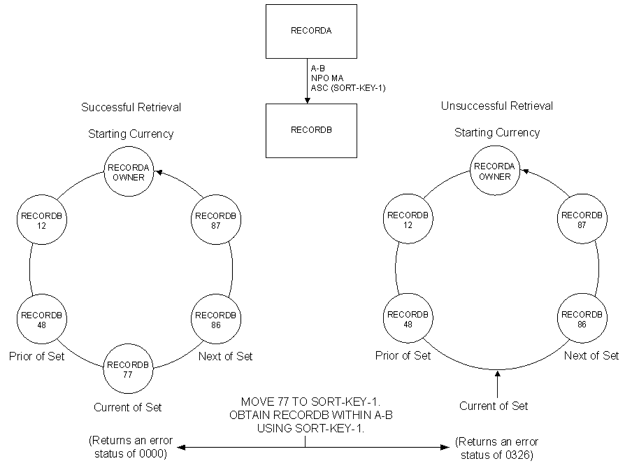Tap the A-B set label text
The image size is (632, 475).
click(x=317, y=69)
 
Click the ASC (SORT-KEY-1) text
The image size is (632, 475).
click(x=348, y=88)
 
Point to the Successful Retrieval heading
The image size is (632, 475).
click(x=131, y=107)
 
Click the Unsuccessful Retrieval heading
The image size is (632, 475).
click(x=497, y=106)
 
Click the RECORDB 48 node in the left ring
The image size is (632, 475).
click(x=41, y=319)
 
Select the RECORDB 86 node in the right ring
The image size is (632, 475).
click(x=582, y=319)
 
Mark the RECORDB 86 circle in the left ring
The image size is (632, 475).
click(x=215, y=320)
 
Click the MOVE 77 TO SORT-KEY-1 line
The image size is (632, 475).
click(x=306, y=402)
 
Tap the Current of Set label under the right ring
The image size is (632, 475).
click(x=494, y=406)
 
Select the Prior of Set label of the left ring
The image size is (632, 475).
click(x=37, y=356)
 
